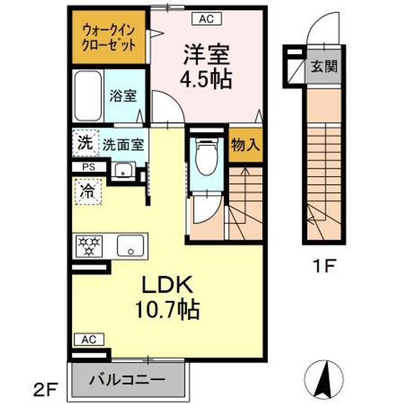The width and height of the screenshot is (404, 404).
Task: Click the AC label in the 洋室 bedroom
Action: pyautogui.click(x=206, y=19)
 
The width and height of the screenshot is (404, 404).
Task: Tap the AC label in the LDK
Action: pyautogui.click(x=89, y=339)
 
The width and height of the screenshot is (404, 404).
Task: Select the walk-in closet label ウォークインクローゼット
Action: pyautogui.click(x=108, y=38)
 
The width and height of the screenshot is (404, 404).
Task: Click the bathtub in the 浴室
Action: pyautogui.click(x=88, y=95)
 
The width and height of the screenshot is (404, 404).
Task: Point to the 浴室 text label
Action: pyautogui.click(x=123, y=96)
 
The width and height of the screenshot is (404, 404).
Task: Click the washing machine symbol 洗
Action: pyautogui.click(x=85, y=143)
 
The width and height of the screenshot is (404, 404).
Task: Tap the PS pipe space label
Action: pyautogui.click(x=89, y=167)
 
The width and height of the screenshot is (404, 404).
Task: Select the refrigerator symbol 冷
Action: pyautogui.click(x=88, y=192)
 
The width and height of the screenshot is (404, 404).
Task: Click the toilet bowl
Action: pyautogui.click(x=206, y=157)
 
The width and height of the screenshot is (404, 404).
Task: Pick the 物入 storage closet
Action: pyautogui.click(x=246, y=145)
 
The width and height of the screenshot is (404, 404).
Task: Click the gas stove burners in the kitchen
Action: pyautogui.click(x=89, y=246)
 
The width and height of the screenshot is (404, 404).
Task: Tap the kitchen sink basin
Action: pyautogui.click(x=131, y=246)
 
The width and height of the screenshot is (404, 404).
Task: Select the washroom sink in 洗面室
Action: pyautogui.click(x=123, y=170)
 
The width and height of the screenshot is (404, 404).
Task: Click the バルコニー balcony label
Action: pyautogui.click(x=127, y=379)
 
